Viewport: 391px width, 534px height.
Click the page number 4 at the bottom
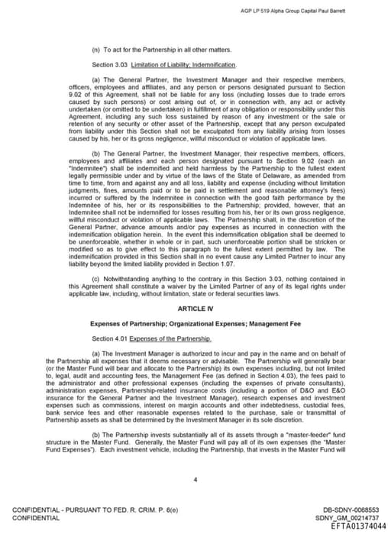tap(195, 480)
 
